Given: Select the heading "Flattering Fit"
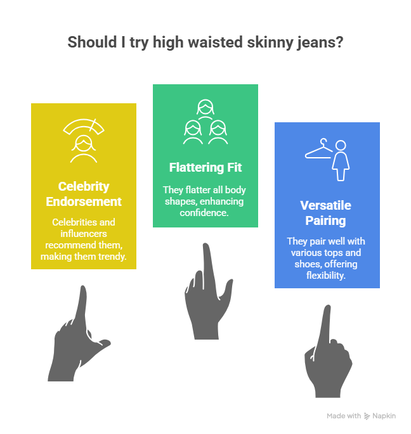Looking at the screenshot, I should click(205, 168).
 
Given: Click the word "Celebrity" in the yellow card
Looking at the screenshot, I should click(84, 187).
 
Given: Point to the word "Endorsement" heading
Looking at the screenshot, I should click(84, 202).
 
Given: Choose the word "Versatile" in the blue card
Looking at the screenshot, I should click(327, 206).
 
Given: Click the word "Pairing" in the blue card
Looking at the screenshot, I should click(327, 221).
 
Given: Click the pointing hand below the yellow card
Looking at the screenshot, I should click(77, 336).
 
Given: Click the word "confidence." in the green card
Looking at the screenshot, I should click(205, 212).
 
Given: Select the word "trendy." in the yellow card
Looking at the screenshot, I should click(110, 256).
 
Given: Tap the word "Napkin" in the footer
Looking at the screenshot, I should click(385, 416).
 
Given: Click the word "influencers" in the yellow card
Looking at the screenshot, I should click(84, 234).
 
